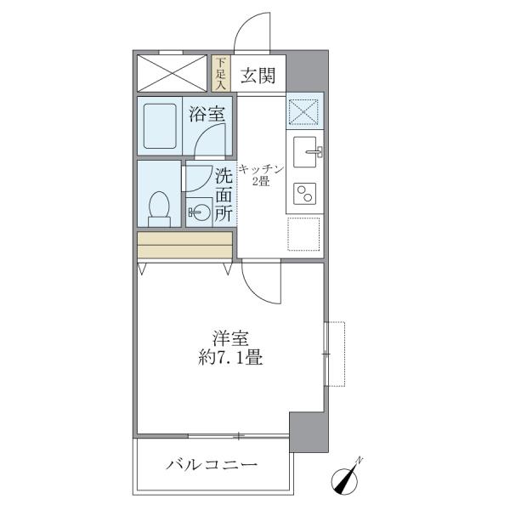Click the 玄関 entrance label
[x=258, y=76]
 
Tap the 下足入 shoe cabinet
[x=221, y=73]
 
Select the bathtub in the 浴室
[x=160, y=126]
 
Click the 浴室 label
[x=207, y=114]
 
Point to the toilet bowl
[x=159, y=208]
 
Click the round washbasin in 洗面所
[x=199, y=212]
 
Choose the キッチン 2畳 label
[x=261, y=175]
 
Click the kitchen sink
[x=305, y=152]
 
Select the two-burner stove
[x=305, y=194]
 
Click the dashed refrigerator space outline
[x=303, y=235]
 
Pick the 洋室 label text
[x=230, y=338]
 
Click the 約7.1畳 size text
[x=230, y=358]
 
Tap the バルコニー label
[x=212, y=465]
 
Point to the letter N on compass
[x=359, y=460]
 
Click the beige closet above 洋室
[x=184, y=245]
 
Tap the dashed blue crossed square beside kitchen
[x=303, y=111]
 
